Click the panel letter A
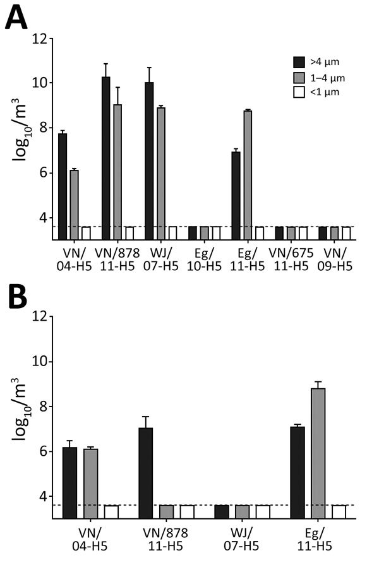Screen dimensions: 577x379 (16, 19)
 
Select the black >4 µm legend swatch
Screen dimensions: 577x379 (299, 61)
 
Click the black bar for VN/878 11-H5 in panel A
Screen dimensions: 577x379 (105, 158)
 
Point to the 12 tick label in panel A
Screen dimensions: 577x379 (40, 39)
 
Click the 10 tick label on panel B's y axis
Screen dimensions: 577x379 (40, 362)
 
